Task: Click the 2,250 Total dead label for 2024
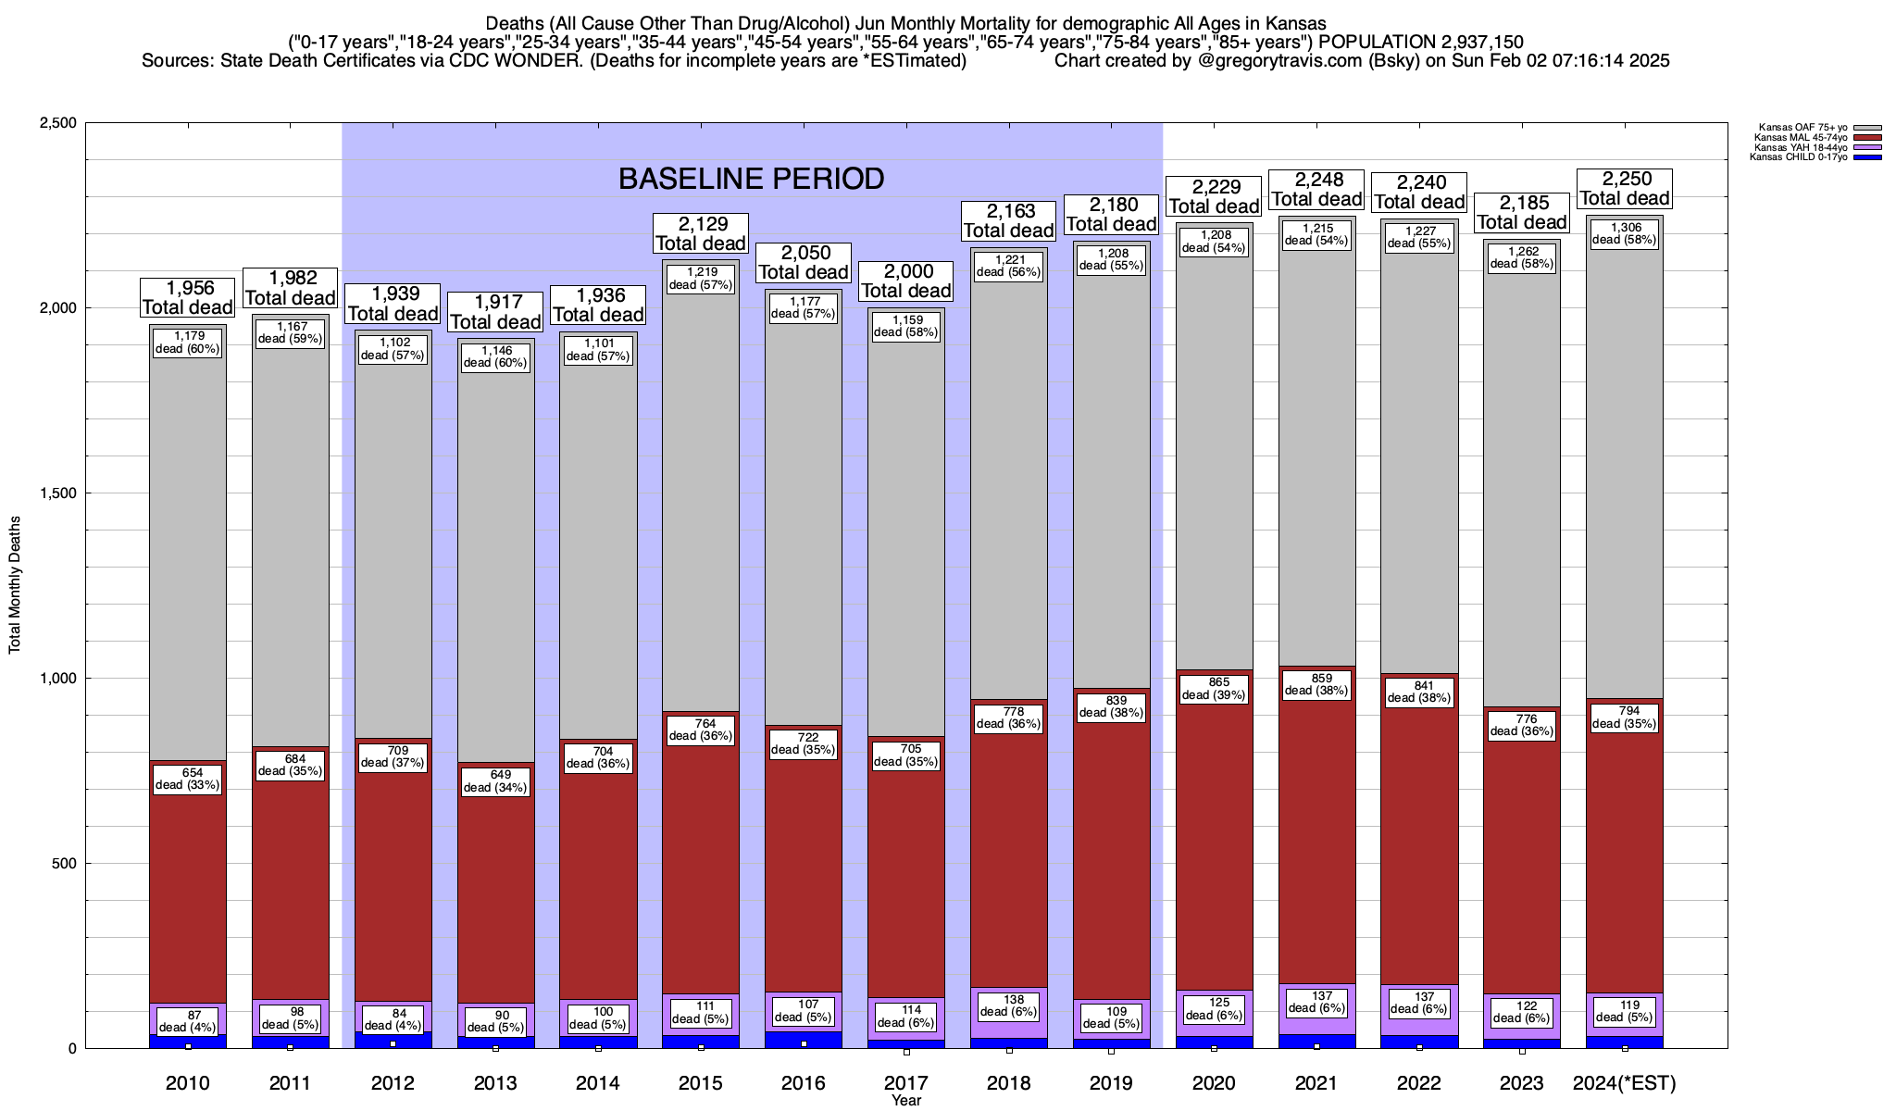(1624, 188)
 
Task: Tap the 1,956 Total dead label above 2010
(187, 297)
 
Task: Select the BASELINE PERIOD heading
(751, 179)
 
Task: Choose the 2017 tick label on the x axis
(906, 1082)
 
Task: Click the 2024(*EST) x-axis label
(1624, 1082)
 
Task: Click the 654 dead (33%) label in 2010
(187, 779)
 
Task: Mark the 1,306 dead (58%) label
(1624, 233)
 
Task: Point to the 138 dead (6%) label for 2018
(1009, 1005)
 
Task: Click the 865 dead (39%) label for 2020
(1214, 688)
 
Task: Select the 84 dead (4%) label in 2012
(393, 1018)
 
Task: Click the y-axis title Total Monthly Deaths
(15, 585)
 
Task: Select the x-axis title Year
(906, 1101)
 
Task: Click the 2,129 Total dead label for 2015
(700, 233)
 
